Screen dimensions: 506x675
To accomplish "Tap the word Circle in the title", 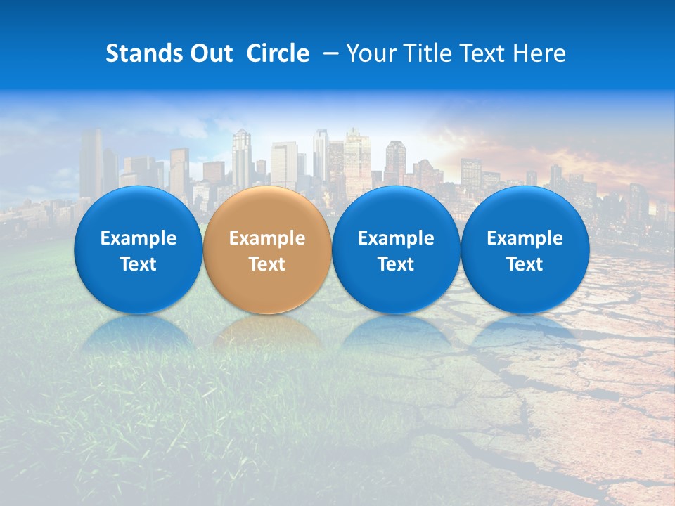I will pyautogui.click(x=278, y=53).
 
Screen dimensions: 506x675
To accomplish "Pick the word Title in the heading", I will pyautogui.click(x=428, y=53).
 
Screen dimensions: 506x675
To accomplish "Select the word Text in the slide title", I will pyautogui.click(x=484, y=53).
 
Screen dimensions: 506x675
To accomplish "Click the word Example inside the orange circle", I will pyautogui.click(x=267, y=238).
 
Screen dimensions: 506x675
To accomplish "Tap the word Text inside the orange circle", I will pyautogui.click(x=267, y=264).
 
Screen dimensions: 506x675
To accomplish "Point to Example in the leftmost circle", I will pyautogui.click(x=138, y=238).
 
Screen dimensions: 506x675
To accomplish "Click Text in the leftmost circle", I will pyautogui.click(x=138, y=264).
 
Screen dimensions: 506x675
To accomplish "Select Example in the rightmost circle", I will pyautogui.click(x=525, y=238).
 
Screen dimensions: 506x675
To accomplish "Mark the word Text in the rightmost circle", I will pyautogui.click(x=525, y=264).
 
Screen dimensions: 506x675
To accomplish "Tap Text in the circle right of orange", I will pyautogui.click(x=396, y=264).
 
